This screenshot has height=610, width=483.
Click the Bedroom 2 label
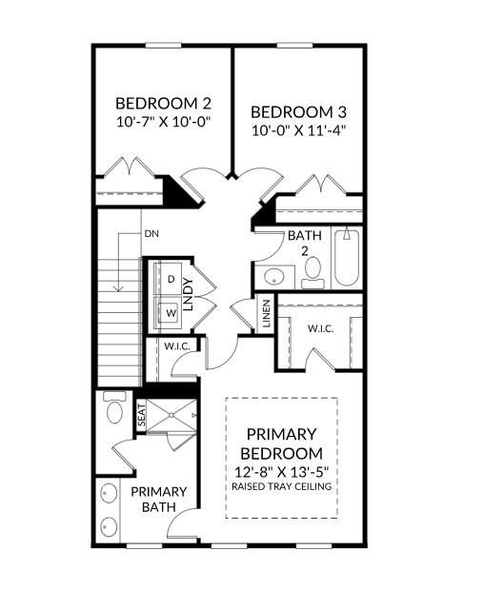tap(163, 104)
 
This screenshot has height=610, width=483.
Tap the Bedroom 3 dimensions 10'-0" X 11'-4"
tap(299, 130)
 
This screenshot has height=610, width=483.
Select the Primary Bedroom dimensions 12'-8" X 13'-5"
tap(282, 472)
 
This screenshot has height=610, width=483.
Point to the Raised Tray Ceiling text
tap(282, 486)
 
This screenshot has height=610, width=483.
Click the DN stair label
tap(151, 234)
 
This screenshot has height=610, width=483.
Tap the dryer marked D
tap(170, 279)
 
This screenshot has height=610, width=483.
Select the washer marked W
tap(170, 312)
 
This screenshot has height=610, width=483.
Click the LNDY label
tap(188, 294)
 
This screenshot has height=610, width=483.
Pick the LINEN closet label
tap(267, 313)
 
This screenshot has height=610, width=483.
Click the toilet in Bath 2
tap(312, 273)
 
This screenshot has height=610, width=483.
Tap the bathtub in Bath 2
tap(347, 258)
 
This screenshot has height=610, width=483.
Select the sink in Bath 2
tap(274, 277)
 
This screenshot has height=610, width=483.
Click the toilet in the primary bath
tap(114, 407)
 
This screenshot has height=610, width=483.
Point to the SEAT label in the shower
tap(141, 415)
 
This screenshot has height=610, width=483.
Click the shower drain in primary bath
tap(171, 416)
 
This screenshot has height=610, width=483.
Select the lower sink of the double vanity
tap(109, 527)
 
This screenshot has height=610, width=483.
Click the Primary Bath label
tap(158, 499)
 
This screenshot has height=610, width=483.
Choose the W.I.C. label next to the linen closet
tap(321, 328)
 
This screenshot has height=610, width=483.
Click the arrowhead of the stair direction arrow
tap(118, 288)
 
